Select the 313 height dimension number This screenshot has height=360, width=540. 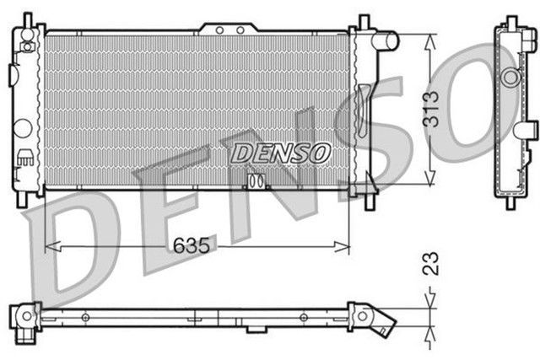[x=431, y=109]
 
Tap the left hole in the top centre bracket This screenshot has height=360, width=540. [x=219, y=30]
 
